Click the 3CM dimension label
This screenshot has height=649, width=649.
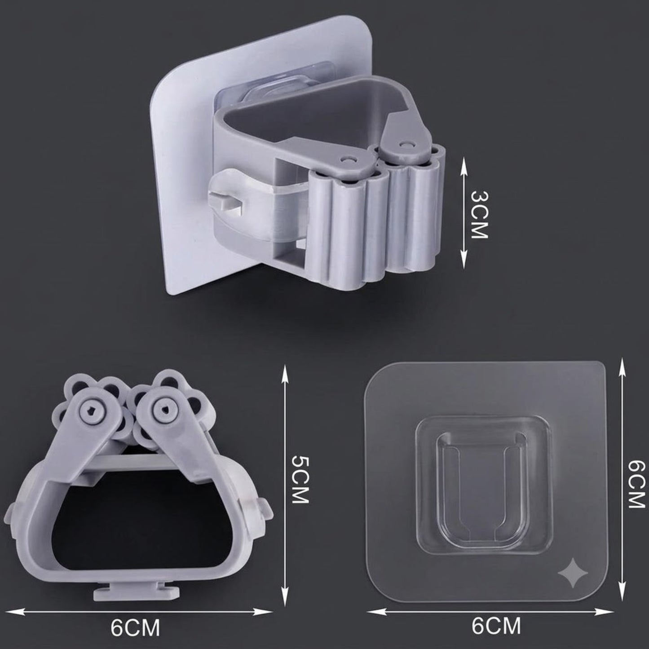(x=479, y=214)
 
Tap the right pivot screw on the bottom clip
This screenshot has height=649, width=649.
(x=164, y=410)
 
